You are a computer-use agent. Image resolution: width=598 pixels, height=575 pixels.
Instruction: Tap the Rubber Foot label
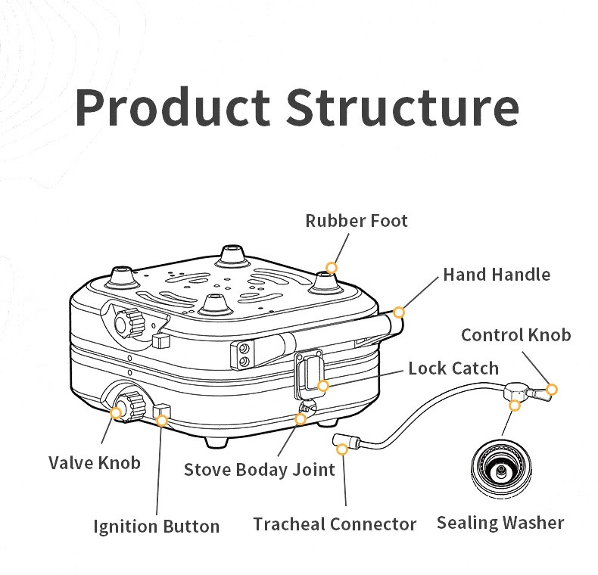pyautogui.click(x=357, y=221)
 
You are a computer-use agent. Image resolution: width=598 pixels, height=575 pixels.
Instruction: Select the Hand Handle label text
pyautogui.click(x=497, y=274)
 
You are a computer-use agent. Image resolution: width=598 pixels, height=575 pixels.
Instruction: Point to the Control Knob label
pyautogui.click(x=516, y=334)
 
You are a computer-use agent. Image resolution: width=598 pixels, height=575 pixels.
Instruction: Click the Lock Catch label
pyautogui.click(x=453, y=368)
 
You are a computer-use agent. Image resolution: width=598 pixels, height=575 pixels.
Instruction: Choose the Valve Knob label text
pyautogui.click(x=95, y=462)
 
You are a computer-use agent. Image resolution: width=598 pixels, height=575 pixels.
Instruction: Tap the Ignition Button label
pyautogui.click(x=157, y=526)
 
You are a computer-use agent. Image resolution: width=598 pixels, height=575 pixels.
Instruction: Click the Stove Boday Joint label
pyautogui.click(x=260, y=470)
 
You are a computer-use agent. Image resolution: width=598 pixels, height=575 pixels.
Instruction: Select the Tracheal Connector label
pyautogui.click(x=335, y=524)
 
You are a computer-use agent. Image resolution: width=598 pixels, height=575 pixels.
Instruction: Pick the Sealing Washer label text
pyautogui.click(x=500, y=522)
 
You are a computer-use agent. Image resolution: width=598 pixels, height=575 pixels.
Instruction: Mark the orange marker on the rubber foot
pyautogui.click(x=332, y=268)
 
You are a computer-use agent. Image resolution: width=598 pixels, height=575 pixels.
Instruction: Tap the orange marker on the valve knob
pyautogui.click(x=116, y=412)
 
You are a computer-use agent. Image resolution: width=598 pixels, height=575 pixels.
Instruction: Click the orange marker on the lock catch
pyautogui.click(x=323, y=386)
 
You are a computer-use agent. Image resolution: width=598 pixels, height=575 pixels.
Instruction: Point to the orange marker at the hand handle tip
pyautogui.click(x=399, y=312)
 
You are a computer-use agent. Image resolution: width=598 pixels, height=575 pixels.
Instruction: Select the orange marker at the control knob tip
pyautogui.click(x=552, y=390)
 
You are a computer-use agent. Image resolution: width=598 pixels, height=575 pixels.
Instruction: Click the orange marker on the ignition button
pyautogui.click(x=160, y=420)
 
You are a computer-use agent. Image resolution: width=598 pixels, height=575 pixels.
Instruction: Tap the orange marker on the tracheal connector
pyautogui.click(x=342, y=449)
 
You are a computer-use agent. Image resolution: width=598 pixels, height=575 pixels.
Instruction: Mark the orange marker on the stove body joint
pyautogui.click(x=301, y=418)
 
